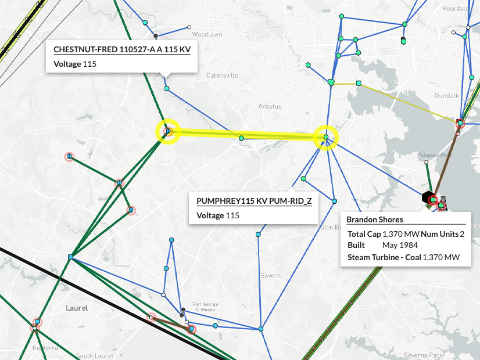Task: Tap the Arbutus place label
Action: pos(270,107)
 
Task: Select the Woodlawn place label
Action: pos(207,35)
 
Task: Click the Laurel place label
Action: pos(77,308)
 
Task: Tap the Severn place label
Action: pos(270,275)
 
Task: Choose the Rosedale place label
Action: pos(456,9)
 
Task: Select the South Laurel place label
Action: pos(93,355)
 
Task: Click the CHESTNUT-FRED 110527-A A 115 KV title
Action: pos(122,50)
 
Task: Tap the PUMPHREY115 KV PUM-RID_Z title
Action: pos(254,201)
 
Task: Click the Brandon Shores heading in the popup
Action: pos(374,219)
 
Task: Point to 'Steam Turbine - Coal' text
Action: pos(384,257)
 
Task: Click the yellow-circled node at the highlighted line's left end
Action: pos(168,131)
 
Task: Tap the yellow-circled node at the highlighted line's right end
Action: pos(326,138)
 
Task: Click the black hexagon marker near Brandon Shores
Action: pos(428,197)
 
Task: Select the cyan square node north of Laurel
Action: pos(70,257)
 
